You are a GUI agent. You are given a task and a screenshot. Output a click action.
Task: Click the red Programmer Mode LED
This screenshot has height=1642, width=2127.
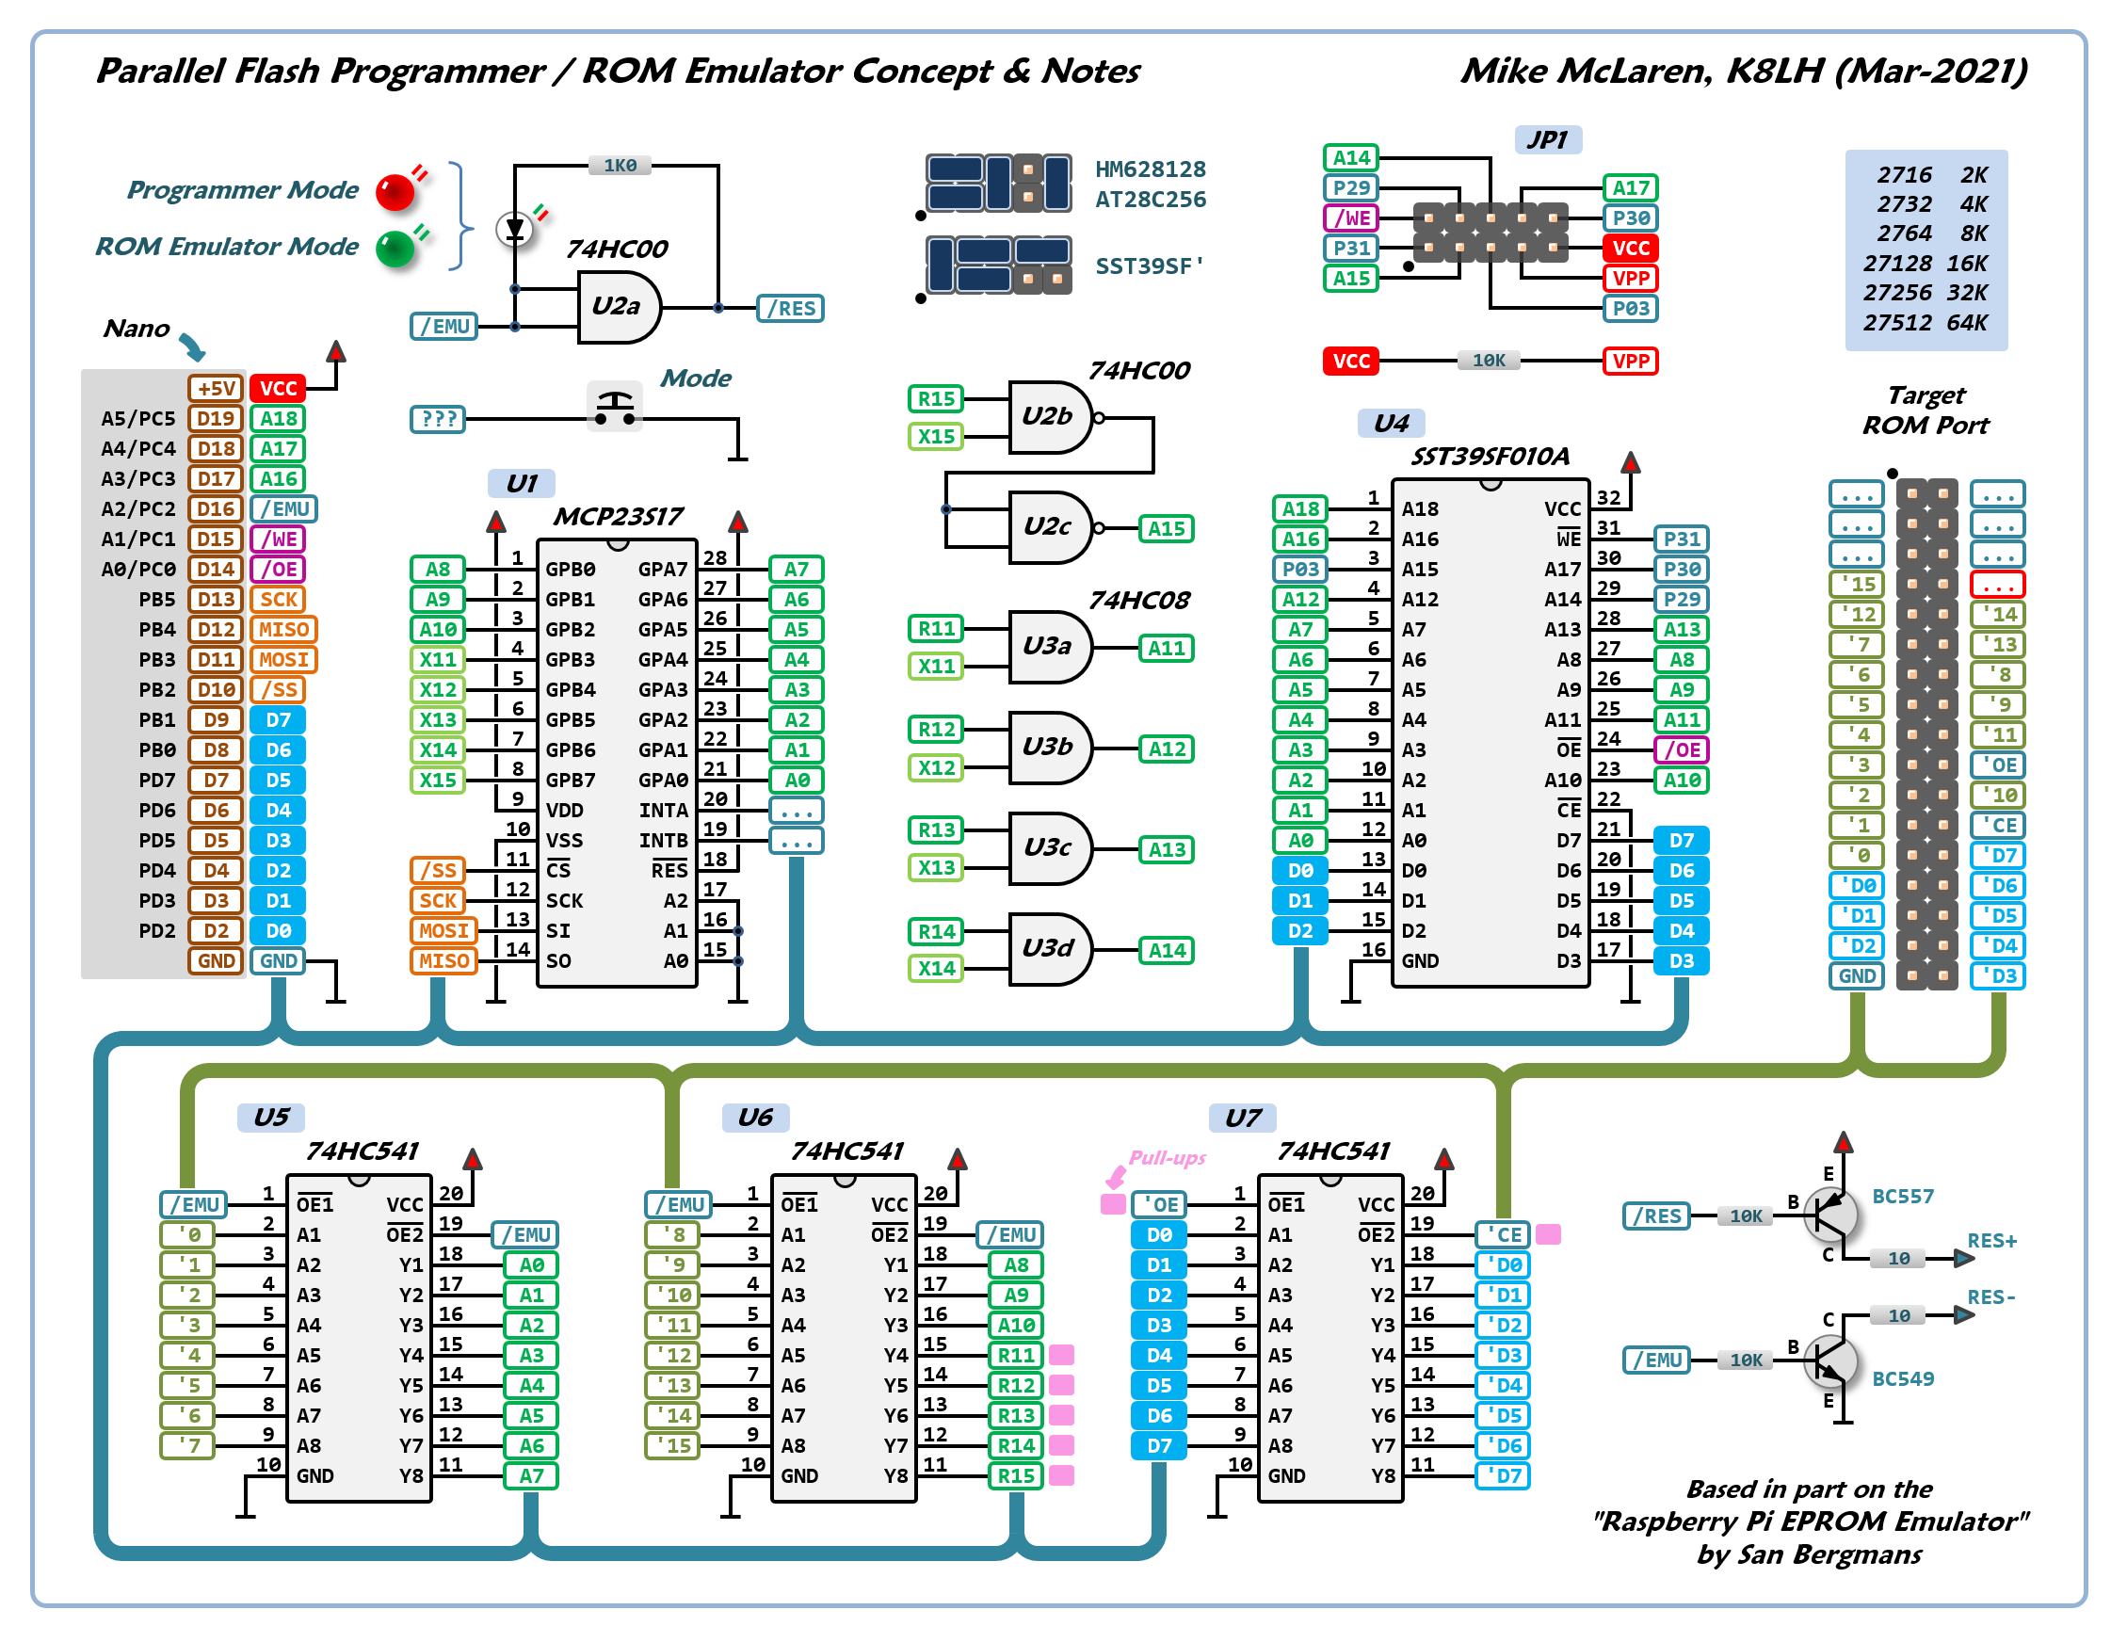[x=395, y=192]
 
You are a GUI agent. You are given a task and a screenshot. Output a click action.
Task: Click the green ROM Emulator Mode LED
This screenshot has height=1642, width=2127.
[x=395, y=249]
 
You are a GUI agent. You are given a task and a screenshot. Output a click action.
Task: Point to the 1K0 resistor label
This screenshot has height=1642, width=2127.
[x=620, y=166]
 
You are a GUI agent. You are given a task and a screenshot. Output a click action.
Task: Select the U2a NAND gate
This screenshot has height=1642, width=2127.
[x=618, y=307]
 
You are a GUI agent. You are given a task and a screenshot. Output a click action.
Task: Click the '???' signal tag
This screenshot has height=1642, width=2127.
[x=438, y=420]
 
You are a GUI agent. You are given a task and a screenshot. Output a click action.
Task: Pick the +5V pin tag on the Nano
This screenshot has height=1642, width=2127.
[x=216, y=389]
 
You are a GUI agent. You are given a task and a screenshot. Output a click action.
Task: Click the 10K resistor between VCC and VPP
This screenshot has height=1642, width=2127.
[x=1488, y=362]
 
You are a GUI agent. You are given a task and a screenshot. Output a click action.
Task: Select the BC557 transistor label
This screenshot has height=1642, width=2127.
[x=1902, y=1196]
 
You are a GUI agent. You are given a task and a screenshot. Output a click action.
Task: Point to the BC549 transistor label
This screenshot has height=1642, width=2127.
[x=1902, y=1378]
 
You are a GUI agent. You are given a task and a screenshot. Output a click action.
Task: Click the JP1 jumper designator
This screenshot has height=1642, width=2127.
[x=1547, y=139]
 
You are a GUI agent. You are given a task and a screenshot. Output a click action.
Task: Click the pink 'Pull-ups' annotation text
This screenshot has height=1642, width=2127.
[x=1167, y=1157]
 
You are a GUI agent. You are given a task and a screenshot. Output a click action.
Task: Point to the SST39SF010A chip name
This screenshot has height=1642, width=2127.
[x=1491, y=456]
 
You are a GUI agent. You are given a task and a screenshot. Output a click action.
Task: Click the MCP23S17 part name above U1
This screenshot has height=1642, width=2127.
[x=618, y=516]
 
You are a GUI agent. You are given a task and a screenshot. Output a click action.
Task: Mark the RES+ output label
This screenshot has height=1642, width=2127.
[x=1991, y=1241]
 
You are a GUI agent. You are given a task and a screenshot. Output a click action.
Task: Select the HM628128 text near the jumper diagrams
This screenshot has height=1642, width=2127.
[x=1151, y=169]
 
